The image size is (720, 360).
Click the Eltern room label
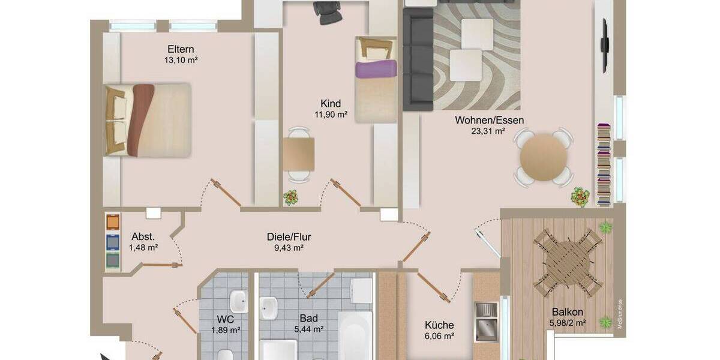click(181, 49)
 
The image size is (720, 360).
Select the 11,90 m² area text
click(331, 114)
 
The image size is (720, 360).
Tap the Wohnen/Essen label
click(489, 120)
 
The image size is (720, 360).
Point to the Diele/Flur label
click(289, 236)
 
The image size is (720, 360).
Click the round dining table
click(544, 157)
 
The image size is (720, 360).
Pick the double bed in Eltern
click(148, 119)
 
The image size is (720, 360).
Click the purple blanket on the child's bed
click(376, 69)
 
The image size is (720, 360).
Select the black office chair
click(328, 13)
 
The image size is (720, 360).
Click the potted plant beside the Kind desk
click(291, 197)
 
